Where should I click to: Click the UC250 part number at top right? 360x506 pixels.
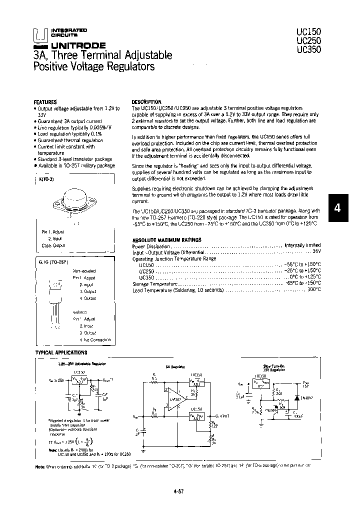pos(308,40)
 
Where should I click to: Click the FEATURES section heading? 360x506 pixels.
pos(45,101)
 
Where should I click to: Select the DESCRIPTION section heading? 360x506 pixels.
pos(146,101)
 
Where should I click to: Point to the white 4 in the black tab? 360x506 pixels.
pos(337,209)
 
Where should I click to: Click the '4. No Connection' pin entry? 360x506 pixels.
pos(93,340)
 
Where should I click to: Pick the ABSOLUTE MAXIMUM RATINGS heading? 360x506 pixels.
pos(166,240)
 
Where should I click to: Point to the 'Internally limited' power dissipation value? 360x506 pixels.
pos(302,246)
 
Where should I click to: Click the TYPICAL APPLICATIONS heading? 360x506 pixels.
pos(61,352)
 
